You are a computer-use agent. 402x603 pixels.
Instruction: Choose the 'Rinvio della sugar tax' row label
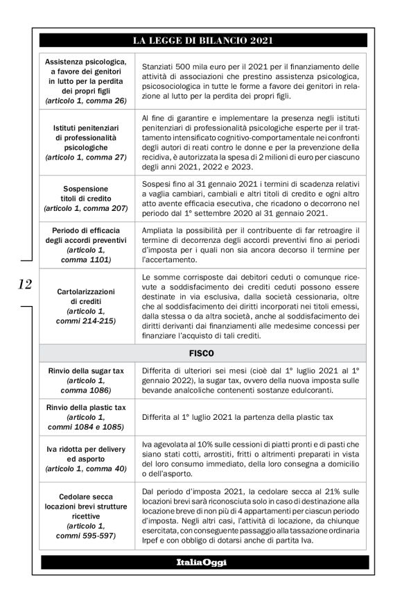(85, 371)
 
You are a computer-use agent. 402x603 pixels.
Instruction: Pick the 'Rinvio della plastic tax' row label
(85, 407)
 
